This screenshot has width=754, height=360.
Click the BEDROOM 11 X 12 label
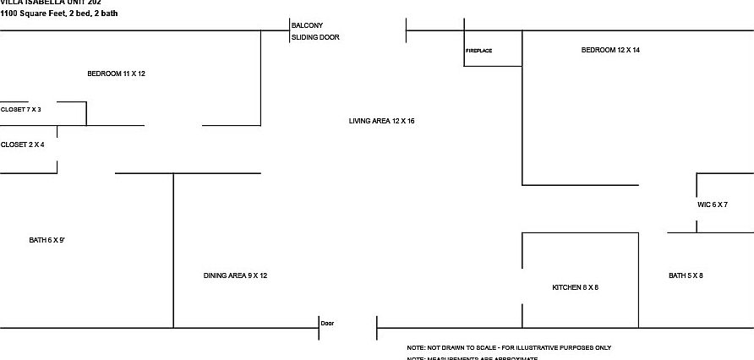[117, 74]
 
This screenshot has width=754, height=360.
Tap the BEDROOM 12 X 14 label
[610, 51]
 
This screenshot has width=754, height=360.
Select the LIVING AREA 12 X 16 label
[381, 122]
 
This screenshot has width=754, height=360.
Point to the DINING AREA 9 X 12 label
[235, 275]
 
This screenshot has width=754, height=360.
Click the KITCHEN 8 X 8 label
[575, 288]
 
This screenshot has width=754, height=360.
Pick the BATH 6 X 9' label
[47, 241]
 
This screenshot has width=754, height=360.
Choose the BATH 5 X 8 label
[686, 275]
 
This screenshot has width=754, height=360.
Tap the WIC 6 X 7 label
[713, 205]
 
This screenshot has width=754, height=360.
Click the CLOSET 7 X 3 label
[21, 110]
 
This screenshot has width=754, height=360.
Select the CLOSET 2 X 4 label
[23, 145]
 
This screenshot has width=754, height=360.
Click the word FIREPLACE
[478, 51]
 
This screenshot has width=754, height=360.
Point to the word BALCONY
[307, 25]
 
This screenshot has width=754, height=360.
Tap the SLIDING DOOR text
[315, 37]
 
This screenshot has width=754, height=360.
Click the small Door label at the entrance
[328, 323]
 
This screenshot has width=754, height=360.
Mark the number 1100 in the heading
[8, 14]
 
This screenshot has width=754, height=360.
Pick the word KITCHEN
[565, 288]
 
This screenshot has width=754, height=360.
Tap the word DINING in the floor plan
[216, 275]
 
